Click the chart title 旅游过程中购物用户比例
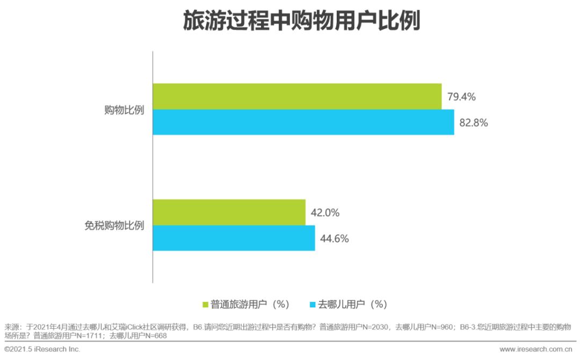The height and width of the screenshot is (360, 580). (301, 20)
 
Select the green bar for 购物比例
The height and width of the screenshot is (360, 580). (297, 96)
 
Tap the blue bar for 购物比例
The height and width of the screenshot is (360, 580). (303, 122)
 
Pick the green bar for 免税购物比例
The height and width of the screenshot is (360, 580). (229, 212)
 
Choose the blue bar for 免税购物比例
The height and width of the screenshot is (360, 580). (234, 238)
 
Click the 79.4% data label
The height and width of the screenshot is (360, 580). (461, 97)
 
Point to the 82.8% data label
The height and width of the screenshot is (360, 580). (474, 123)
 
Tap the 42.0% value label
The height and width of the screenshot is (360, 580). (325, 213)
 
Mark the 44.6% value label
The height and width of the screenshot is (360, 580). (335, 239)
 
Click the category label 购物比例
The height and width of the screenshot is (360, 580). (124, 110)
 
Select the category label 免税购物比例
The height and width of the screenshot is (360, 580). (114, 225)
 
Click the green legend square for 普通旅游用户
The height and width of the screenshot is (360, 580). (205, 305)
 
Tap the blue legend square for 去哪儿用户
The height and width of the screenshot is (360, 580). (313, 305)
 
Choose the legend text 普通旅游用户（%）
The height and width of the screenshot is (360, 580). (250, 305)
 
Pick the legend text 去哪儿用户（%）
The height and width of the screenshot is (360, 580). (353, 305)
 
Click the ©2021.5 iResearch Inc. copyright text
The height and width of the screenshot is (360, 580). (42, 349)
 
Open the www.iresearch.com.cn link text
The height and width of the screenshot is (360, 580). (535, 349)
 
